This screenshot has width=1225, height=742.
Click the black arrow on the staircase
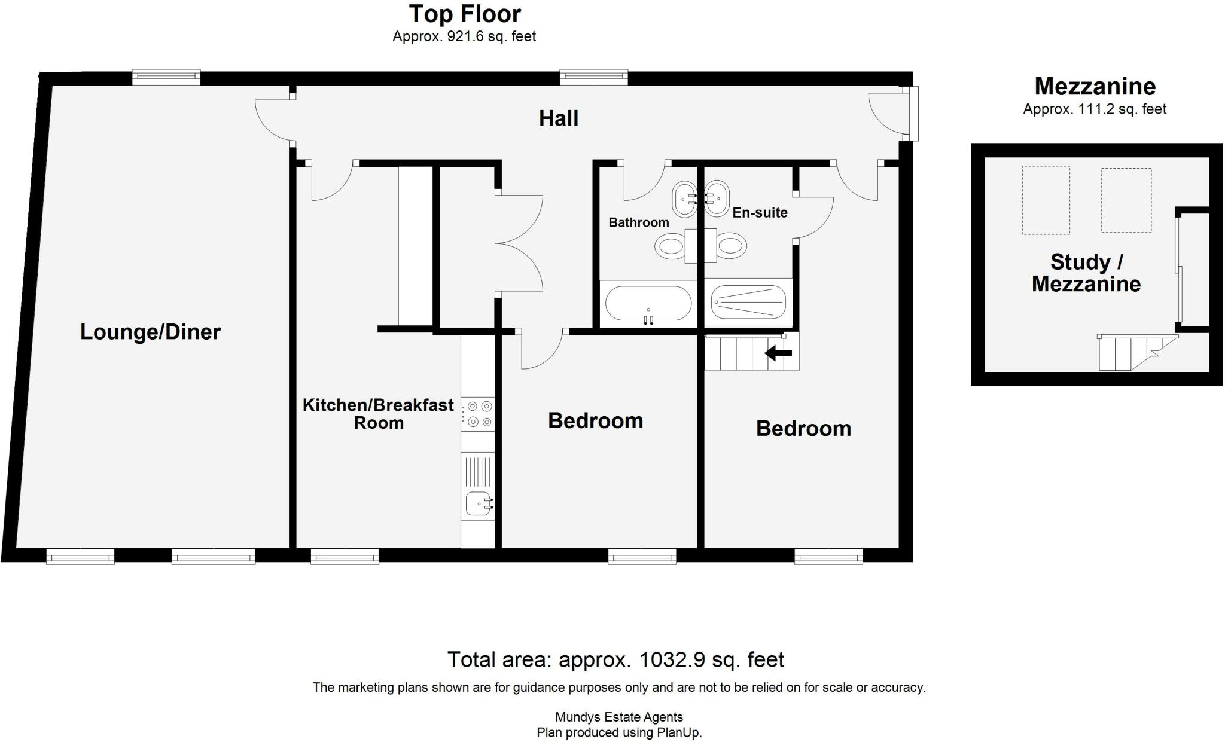coord(778,353)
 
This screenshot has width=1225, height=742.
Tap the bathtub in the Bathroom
coord(648,304)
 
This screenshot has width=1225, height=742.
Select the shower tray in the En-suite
coord(748,302)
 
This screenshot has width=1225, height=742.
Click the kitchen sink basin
coord(477,503)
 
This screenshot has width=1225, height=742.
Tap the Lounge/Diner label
coord(150,332)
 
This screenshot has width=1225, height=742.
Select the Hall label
coord(558,118)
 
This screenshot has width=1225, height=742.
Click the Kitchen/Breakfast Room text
coord(378,414)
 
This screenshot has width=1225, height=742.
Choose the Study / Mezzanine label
coord(1086,273)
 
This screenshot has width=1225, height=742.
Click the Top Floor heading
coord(465,14)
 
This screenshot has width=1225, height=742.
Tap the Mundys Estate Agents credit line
coord(618,717)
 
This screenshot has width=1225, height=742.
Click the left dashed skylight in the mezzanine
coord(1046,200)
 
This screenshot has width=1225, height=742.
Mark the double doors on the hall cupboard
coord(519,244)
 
